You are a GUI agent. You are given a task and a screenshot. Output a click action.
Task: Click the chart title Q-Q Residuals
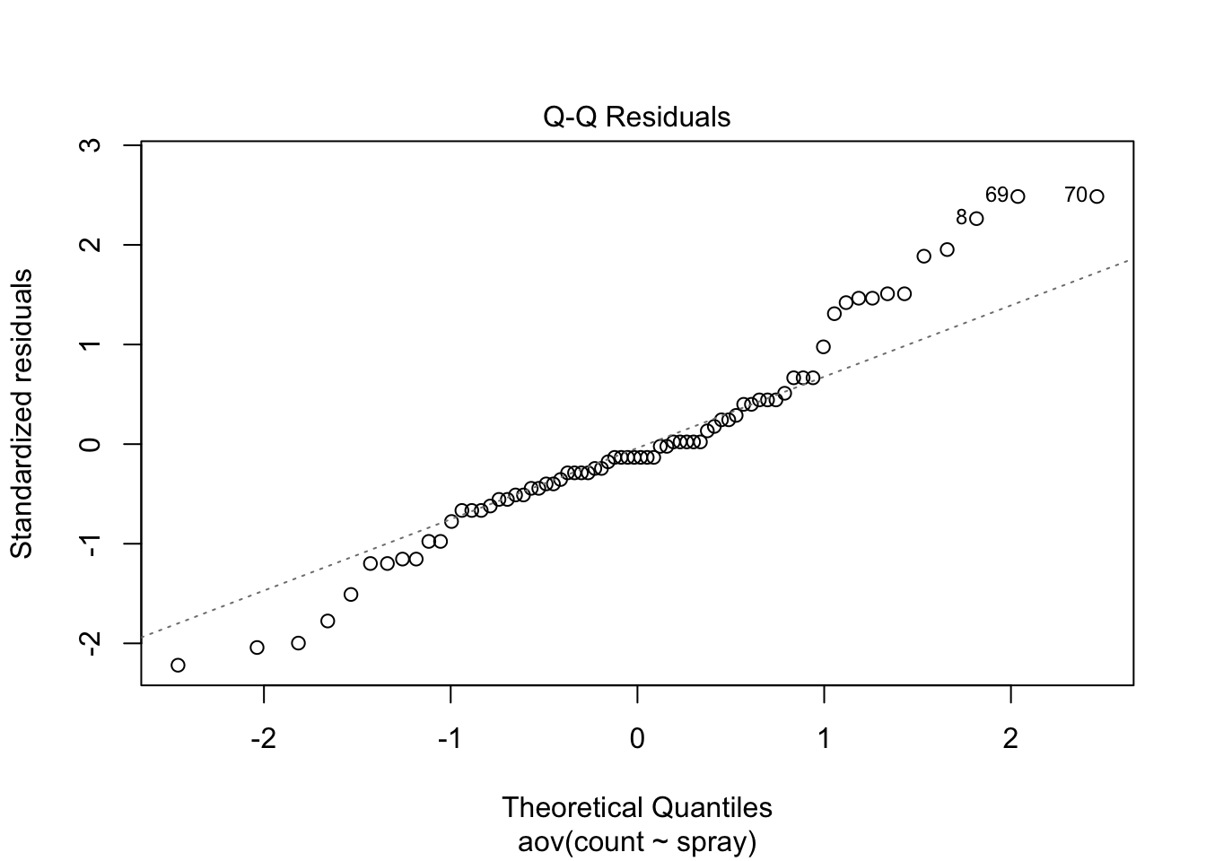coord(636,117)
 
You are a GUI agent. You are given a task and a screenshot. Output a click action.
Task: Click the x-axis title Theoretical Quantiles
coord(637,807)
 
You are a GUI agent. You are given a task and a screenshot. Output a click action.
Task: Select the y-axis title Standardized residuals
coord(22,413)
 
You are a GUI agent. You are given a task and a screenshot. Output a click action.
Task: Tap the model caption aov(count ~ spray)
coord(637,842)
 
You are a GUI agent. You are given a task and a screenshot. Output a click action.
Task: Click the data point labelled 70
coord(1097,196)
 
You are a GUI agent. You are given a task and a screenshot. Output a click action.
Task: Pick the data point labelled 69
coord(1018,196)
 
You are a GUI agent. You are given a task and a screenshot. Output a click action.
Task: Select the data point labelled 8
coord(976,219)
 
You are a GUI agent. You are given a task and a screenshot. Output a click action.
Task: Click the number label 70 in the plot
coord(1076,195)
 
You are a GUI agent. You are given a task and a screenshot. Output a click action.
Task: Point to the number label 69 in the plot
coord(997,195)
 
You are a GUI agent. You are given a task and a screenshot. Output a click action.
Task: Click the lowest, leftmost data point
coord(178,665)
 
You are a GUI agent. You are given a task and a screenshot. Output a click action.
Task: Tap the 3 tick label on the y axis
coord(91,145)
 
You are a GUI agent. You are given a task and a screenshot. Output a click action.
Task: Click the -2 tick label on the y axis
coord(91,644)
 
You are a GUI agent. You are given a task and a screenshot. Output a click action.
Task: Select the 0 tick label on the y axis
coord(91,444)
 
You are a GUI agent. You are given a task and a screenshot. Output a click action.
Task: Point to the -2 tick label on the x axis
coord(264,739)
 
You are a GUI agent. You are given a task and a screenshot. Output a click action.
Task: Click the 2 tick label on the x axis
coord(1010,739)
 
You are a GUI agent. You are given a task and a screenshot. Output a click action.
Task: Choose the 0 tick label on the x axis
coord(637,739)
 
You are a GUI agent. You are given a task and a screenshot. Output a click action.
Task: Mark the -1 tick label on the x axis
coord(450,739)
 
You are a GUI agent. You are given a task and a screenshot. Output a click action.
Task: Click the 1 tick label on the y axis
coord(91,344)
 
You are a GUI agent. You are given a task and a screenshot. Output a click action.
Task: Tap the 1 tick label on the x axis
coord(824,739)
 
